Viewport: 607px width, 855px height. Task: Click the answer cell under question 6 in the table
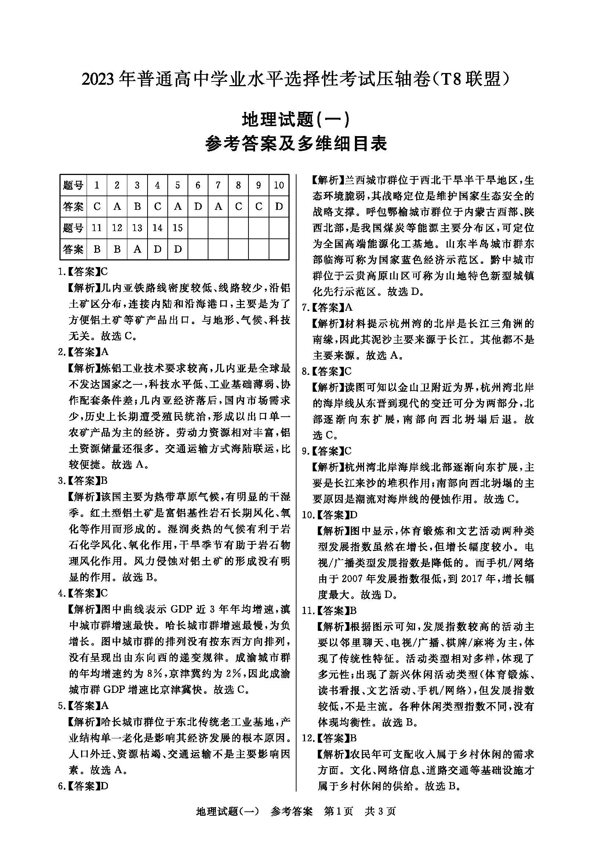point(198,207)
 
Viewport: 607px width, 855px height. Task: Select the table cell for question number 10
point(279,185)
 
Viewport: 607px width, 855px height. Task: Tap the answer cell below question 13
point(137,249)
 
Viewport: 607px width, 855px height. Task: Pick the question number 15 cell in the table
point(178,228)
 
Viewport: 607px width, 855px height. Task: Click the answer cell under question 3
point(137,207)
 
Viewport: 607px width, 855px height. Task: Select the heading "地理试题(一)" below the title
point(295,120)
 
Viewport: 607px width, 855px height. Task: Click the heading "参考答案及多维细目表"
point(296,144)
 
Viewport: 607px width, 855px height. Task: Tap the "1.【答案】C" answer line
point(83,272)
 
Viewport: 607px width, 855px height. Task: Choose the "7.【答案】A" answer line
point(327,307)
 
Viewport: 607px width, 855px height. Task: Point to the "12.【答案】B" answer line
point(330,738)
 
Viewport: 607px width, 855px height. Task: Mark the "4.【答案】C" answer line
point(83,593)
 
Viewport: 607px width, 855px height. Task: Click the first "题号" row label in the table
point(73,185)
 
